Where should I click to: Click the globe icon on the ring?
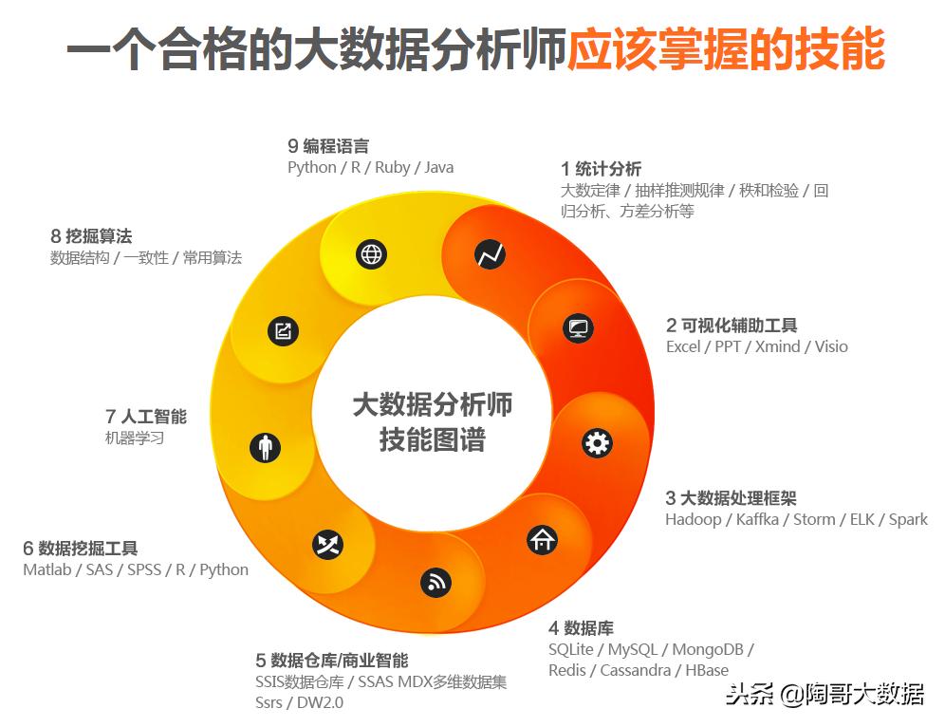[x=371, y=254]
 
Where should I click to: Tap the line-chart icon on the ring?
[x=491, y=254]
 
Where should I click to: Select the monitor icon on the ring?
[x=577, y=328]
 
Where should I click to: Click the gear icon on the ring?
[x=597, y=443]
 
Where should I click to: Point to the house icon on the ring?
[x=543, y=540]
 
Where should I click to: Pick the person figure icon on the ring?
[x=266, y=447]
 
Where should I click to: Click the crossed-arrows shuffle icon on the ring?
[x=328, y=544]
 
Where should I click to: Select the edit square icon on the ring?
[x=284, y=330]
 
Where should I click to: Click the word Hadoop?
[x=693, y=519]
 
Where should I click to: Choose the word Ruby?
[x=392, y=167]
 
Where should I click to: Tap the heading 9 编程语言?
[x=328, y=146]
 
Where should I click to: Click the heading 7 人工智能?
[x=146, y=417]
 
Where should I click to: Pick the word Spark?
[x=908, y=519]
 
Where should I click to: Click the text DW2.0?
[x=320, y=702]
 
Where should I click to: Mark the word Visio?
[x=831, y=346]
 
